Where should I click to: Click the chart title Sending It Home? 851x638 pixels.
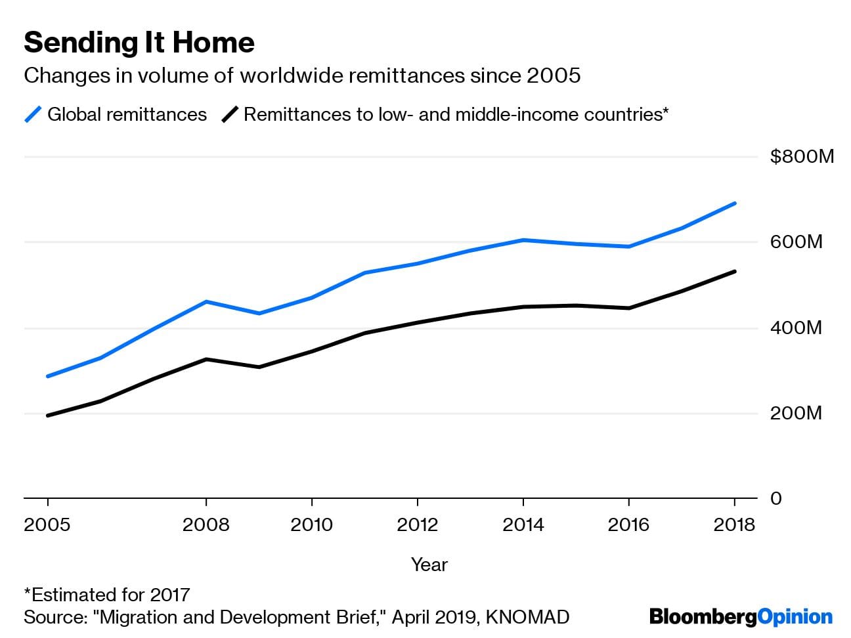(x=139, y=43)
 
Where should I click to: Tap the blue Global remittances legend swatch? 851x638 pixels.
(x=33, y=115)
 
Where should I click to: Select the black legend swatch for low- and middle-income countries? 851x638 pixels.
(x=229, y=115)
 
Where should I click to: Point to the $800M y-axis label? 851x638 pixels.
(x=802, y=156)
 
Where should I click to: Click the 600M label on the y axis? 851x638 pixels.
(x=796, y=242)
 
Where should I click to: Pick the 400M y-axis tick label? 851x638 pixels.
(x=796, y=328)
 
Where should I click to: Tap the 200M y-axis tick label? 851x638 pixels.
(x=796, y=414)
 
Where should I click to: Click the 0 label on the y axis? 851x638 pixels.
(x=776, y=499)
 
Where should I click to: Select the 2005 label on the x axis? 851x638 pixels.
(x=47, y=525)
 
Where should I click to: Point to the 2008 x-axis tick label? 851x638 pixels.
(x=206, y=525)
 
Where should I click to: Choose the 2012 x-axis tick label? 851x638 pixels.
(x=418, y=525)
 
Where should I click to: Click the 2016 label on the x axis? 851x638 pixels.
(x=629, y=525)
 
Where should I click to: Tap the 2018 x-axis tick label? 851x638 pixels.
(x=734, y=525)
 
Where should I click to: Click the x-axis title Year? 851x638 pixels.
(x=429, y=564)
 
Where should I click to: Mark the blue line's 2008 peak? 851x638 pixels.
(x=206, y=302)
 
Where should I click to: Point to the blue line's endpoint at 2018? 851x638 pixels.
(x=734, y=203)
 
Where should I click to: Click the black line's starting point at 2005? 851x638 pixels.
(x=48, y=415)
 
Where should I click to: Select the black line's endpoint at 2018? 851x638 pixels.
(x=734, y=271)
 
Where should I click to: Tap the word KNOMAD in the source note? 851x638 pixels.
(x=527, y=618)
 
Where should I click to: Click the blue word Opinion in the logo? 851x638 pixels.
(x=795, y=618)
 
